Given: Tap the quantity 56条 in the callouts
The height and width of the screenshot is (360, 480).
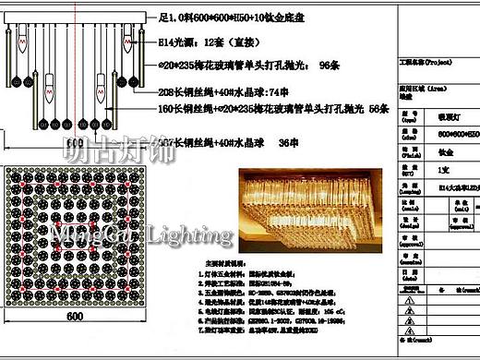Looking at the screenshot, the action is [378, 108].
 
